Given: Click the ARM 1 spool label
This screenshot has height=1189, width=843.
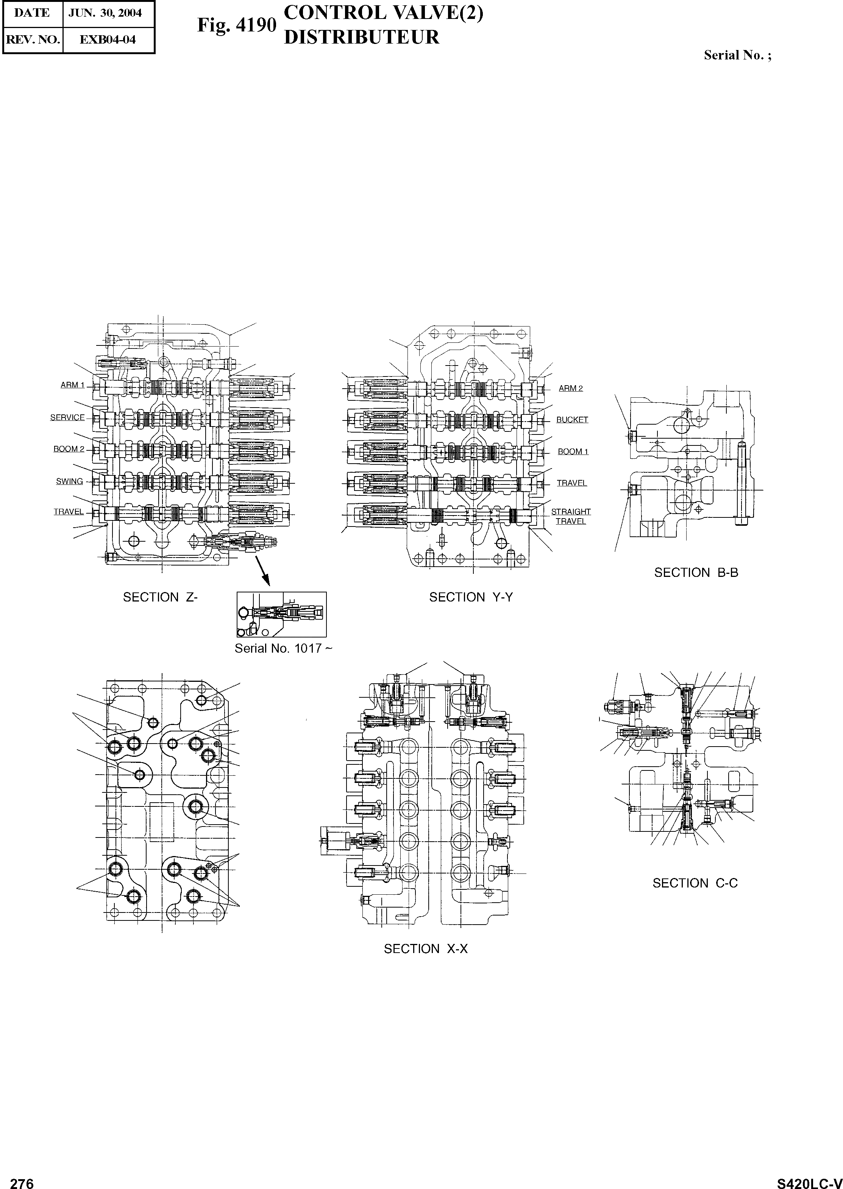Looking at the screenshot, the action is pos(72,385).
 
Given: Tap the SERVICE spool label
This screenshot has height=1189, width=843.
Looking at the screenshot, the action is pos(67,417).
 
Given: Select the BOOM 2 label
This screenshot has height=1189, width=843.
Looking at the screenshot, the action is pos(69,449).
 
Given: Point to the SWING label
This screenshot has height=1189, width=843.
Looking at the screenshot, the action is pos(70,481).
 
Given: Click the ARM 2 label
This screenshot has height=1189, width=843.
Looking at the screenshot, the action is pos(570,388).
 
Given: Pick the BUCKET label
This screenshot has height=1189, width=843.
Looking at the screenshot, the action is pos(572,420).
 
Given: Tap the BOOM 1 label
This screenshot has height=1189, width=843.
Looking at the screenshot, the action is pos(573,452).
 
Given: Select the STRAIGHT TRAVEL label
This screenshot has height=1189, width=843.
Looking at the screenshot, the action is pos(571,516).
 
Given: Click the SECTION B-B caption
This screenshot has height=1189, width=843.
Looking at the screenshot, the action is pos(696,573).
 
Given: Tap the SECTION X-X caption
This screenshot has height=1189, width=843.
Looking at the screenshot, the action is pos(426,948).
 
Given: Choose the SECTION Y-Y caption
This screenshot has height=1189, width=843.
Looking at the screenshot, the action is pos(471,597).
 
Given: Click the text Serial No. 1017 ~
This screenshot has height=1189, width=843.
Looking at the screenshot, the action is pos(283,648).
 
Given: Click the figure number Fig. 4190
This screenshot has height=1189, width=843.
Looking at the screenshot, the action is pos(236,25).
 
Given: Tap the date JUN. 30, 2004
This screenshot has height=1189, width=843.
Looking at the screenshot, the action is pos(108,13).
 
